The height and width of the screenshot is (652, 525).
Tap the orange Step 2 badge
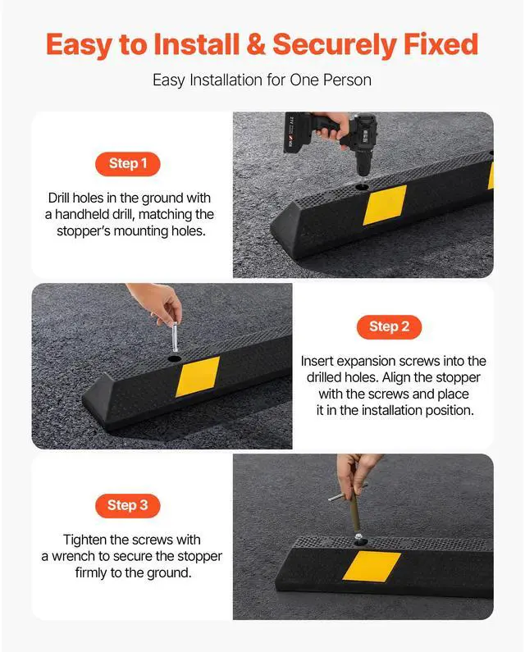[x=388, y=326]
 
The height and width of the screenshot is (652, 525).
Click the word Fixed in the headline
[x=439, y=44]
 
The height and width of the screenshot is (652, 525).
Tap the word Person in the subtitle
[x=349, y=80]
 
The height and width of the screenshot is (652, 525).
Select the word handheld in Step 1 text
[x=84, y=214]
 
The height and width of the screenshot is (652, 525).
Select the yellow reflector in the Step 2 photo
[x=198, y=375]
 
